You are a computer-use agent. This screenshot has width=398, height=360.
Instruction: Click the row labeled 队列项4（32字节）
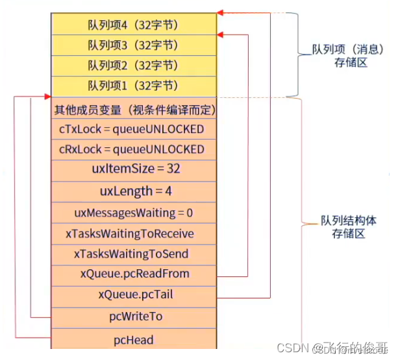(x=134, y=25)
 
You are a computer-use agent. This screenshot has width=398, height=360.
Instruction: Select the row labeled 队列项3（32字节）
(x=134, y=45)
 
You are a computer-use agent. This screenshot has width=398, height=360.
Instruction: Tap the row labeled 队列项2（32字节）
(x=134, y=65)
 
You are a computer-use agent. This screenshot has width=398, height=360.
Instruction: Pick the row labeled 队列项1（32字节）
(x=134, y=86)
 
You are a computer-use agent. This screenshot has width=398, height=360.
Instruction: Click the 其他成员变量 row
(x=134, y=110)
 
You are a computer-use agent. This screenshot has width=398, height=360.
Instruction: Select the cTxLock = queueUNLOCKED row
(x=134, y=129)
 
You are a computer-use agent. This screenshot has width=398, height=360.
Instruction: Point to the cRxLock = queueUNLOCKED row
(x=134, y=150)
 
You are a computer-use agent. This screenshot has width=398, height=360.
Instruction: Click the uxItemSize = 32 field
(x=134, y=169)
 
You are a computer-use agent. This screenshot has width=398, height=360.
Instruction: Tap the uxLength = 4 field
(x=134, y=191)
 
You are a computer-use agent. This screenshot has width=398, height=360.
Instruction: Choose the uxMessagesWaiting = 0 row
(x=134, y=212)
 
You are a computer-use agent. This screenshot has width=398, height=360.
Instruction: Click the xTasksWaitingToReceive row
(x=134, y=233)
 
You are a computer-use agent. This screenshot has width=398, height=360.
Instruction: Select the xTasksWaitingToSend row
(x=134, y=254)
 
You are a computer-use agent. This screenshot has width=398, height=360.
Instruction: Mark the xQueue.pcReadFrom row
(x=134, y=274)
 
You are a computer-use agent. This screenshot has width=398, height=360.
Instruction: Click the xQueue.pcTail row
(x=134, y=294)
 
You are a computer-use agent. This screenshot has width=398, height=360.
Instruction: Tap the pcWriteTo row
(x=134, y=317)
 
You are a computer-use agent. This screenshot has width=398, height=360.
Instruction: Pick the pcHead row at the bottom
(x=134, y=339)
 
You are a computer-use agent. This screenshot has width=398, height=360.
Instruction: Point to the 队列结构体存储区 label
(x=349, y=227)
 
